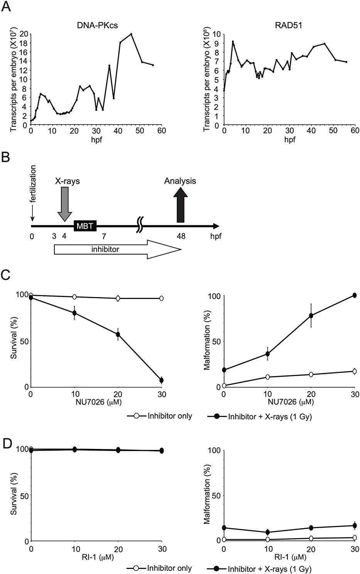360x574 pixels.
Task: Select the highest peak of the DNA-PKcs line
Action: point(131,34)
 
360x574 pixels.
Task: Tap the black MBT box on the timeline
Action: point(85,226)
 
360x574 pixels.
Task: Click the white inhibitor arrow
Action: point(116,250)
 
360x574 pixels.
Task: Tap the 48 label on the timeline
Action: point(181,236)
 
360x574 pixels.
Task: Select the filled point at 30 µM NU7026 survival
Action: point(162,380)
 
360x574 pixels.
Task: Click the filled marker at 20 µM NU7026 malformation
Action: point(311,316)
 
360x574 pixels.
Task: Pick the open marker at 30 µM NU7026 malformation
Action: point(354,371)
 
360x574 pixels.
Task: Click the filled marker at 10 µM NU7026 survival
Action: point(74,313)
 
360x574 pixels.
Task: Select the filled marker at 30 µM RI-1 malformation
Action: point(354,525)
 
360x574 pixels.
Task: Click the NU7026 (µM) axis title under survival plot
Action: point(95,402)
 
